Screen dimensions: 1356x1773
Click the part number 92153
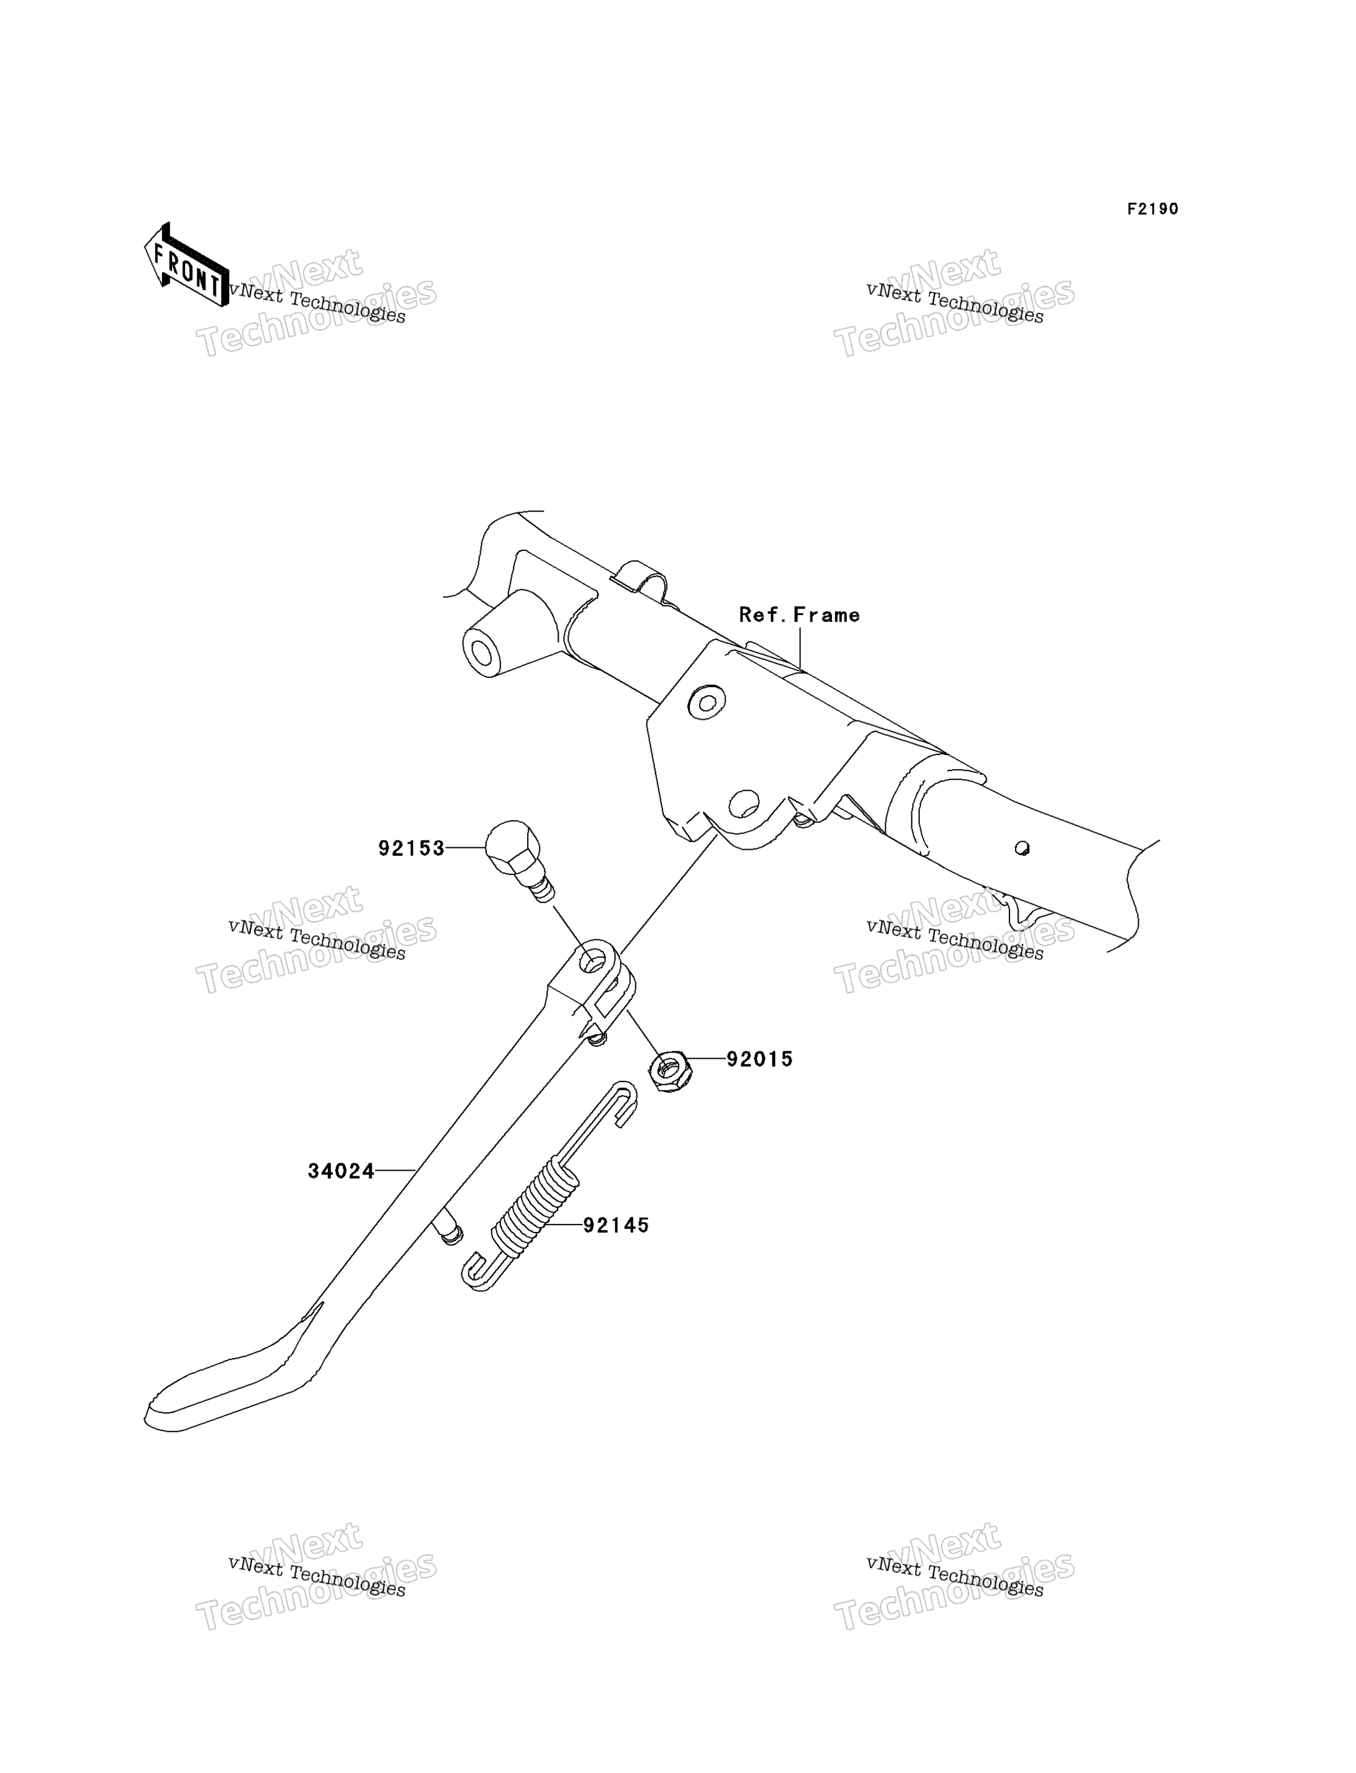pyautogui.click(x=411, y=848)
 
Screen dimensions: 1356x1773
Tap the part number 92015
pyautogui.click(x=760, y=1059)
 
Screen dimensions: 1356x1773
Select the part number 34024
pyautogui.click(x=341, y=1171)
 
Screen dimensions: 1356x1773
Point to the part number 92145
pyautogui.click(x=616, y=1225)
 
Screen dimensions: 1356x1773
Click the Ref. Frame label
pyautogui.click(x=799, y=615)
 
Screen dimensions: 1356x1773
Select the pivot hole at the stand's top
pyautogui.click(x=594, y=960)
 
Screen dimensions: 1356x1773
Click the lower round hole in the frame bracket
pyautogui.click(x=744, y=803)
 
